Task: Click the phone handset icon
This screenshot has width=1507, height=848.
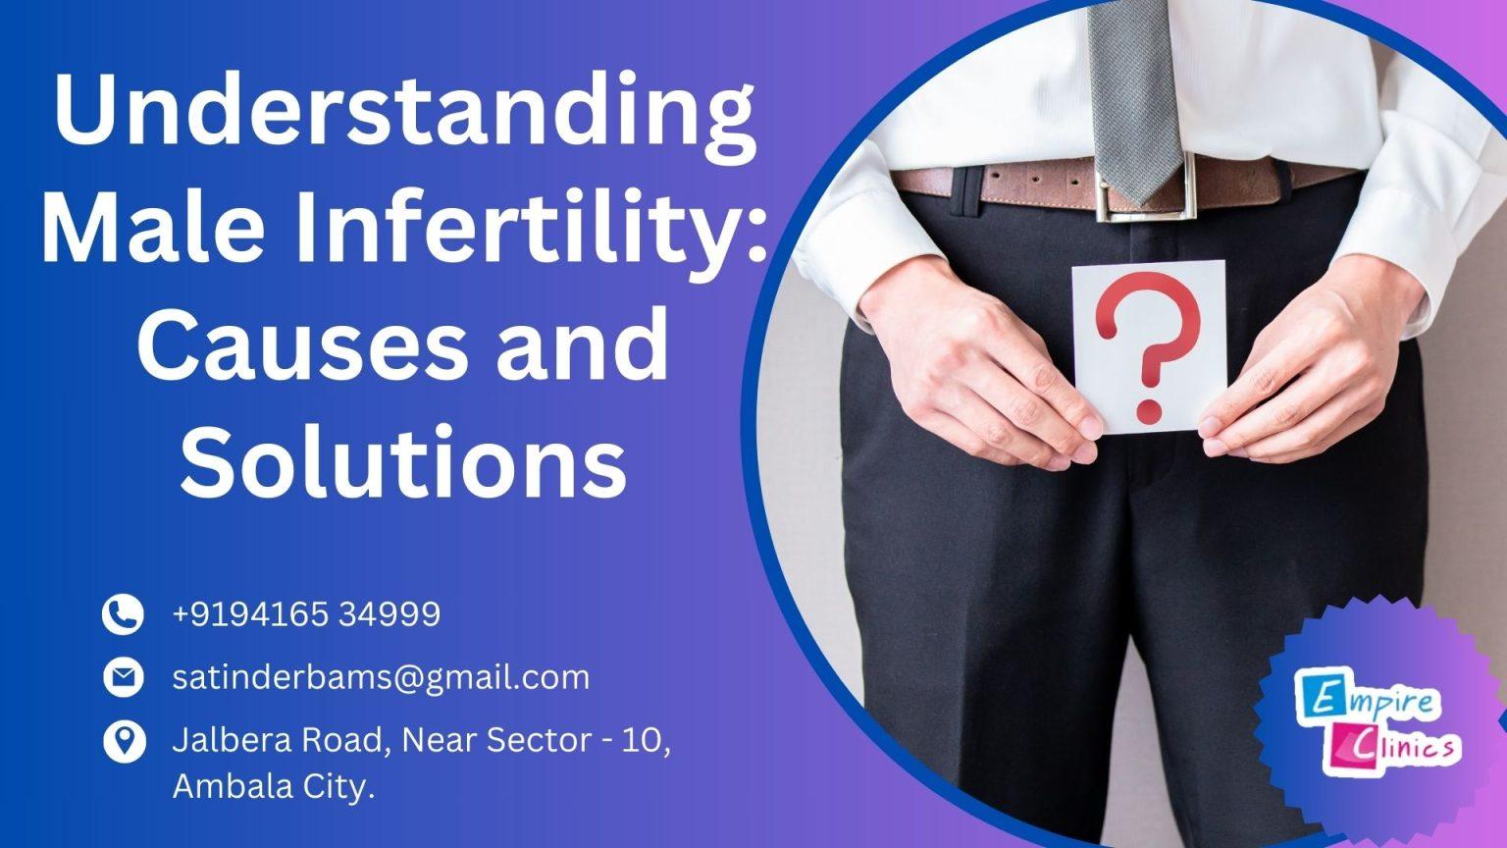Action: click(x=124, y=614)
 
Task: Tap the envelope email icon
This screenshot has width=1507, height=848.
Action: click(x=124, y=677)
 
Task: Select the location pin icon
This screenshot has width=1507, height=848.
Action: click(x=124, y=741)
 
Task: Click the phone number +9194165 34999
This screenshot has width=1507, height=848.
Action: click(x=306, y=614)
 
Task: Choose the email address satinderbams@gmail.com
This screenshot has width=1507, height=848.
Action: click(x=381, y=677)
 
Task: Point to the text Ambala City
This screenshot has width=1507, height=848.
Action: click(x=274, y=786)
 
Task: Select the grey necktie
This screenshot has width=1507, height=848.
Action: click(x=1133, y=88)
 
